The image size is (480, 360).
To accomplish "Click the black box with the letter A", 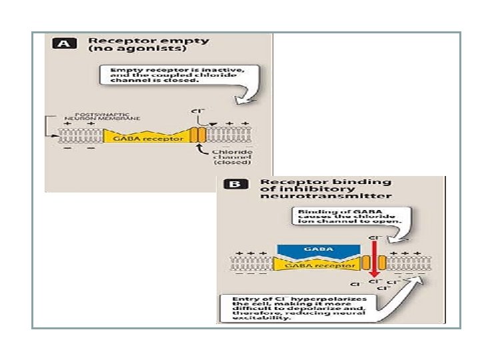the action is pyautogui.click(x=63, y=45).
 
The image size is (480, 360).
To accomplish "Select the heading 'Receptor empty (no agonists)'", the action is pyautogui.click(x=149, y=45).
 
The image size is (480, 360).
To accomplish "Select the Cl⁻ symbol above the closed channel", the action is pyautogui.click(x=197, y=111).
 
